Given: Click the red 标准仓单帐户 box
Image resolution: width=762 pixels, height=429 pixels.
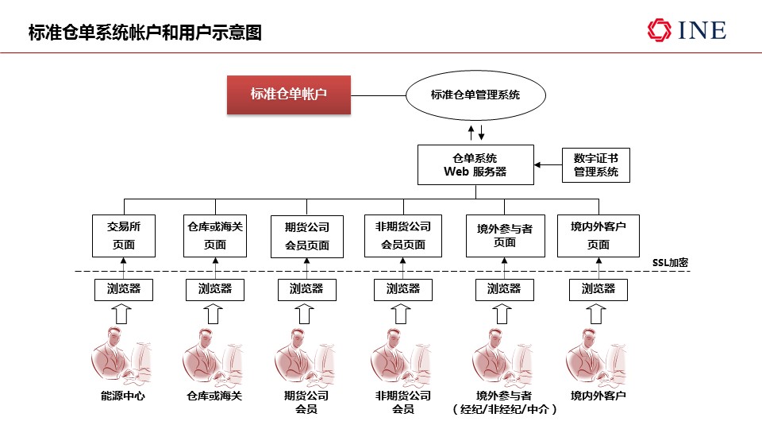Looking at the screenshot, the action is click(289, 95).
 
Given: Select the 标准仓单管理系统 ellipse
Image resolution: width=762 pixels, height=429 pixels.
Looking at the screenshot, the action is click(475, 95).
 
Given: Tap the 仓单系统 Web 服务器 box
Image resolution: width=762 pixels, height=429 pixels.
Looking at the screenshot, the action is click(475, 165).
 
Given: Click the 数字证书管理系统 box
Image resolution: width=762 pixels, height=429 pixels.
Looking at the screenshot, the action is click(596, 165).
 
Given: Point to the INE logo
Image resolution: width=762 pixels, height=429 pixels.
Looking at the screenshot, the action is click(687, 30).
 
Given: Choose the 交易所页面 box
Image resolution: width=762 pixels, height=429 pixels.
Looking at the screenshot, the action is click(124, 236).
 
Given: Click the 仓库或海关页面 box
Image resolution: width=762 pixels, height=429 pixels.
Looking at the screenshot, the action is click(215, 236).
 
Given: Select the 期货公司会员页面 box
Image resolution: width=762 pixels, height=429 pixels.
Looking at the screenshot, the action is click(306, 237).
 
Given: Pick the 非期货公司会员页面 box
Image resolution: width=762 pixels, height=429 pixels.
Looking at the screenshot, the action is click(403, 236).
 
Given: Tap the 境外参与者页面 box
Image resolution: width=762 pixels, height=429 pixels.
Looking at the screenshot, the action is click(505, 236).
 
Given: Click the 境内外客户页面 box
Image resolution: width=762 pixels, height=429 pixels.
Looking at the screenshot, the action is click(598, 236).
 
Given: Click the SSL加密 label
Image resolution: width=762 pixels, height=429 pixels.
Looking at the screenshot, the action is click(670, 263).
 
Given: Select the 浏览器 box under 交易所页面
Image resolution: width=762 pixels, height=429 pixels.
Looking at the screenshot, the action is click(124, 290).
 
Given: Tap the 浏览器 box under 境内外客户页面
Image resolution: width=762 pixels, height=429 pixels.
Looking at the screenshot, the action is click(598, 290).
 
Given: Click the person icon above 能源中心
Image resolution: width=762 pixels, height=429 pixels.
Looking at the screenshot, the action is click(121, 356).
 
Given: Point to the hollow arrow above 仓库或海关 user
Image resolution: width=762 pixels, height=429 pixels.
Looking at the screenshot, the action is click(213, 314).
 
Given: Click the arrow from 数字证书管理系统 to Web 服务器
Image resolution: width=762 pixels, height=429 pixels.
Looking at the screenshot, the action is click(548, 165).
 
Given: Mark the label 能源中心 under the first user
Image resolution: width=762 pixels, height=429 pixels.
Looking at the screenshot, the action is click(123, 396).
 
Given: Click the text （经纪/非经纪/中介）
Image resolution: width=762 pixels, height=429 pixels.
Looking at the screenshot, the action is click(505, 409).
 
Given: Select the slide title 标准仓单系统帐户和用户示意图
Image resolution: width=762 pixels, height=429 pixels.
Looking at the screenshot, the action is click(144, 33).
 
